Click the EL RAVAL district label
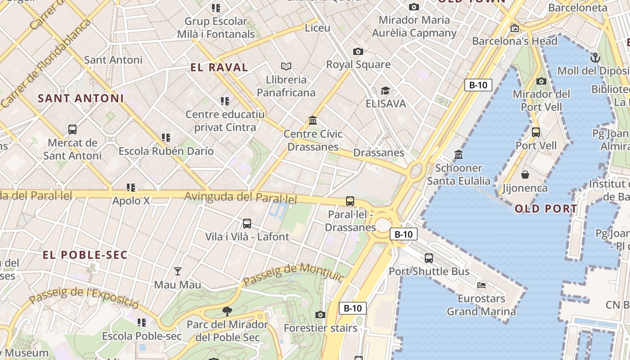coord(219,67)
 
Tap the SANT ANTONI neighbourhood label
coord(81,98)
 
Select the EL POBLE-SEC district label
coord(85,255)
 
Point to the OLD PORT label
coord(546,209)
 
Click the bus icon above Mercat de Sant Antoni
coord(72,130)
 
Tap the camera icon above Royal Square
coord(358,51)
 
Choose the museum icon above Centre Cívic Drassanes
coord(313,121)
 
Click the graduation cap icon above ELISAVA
coord(385,91)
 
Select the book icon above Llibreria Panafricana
coord(286,66)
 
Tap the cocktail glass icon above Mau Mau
coord(178,271)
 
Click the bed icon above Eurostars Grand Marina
coord(481,285)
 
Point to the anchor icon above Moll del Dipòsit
coord(595,58)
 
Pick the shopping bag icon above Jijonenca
coord(525,175)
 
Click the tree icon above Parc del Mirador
coord(227,311)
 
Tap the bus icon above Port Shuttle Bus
coord(429,258)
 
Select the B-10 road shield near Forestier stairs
coord(353,308)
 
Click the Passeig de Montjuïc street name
coord(293,274)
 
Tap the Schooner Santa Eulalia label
coord(459,175)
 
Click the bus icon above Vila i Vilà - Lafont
coord(247,224)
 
